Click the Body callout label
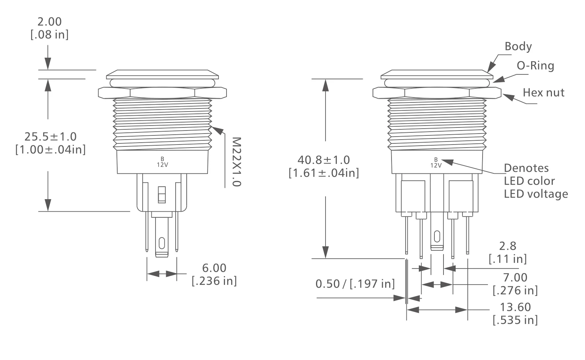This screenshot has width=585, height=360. pos(518,46)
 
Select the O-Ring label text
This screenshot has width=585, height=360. pos(535,66)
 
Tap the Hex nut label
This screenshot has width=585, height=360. pos(543,92)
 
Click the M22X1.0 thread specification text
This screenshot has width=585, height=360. pos(236,162)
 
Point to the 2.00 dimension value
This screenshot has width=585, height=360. pos(49,22)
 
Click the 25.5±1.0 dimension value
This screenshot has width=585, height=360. pos(50,136)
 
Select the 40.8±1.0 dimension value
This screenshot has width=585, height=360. pos(324,160)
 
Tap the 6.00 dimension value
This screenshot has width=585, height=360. pos(214,268)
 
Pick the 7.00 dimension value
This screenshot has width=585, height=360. pos(515,277)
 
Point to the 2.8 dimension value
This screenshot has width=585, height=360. pos(508,246)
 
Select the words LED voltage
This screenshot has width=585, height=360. pos(536,194)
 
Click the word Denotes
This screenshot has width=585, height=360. pos(526,168)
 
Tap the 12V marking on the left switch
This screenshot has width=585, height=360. pos(162,165)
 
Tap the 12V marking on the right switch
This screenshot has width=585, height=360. pos(436,165)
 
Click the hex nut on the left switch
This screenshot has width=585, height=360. pos(162,92)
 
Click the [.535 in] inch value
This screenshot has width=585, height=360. pos(515,320)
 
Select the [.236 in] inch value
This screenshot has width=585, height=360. pos(214,281)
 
